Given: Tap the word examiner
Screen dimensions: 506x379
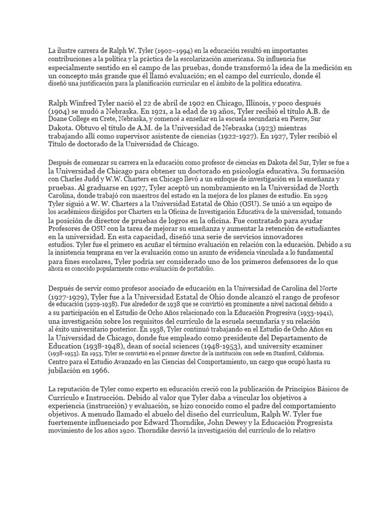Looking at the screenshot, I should (308, 346).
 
